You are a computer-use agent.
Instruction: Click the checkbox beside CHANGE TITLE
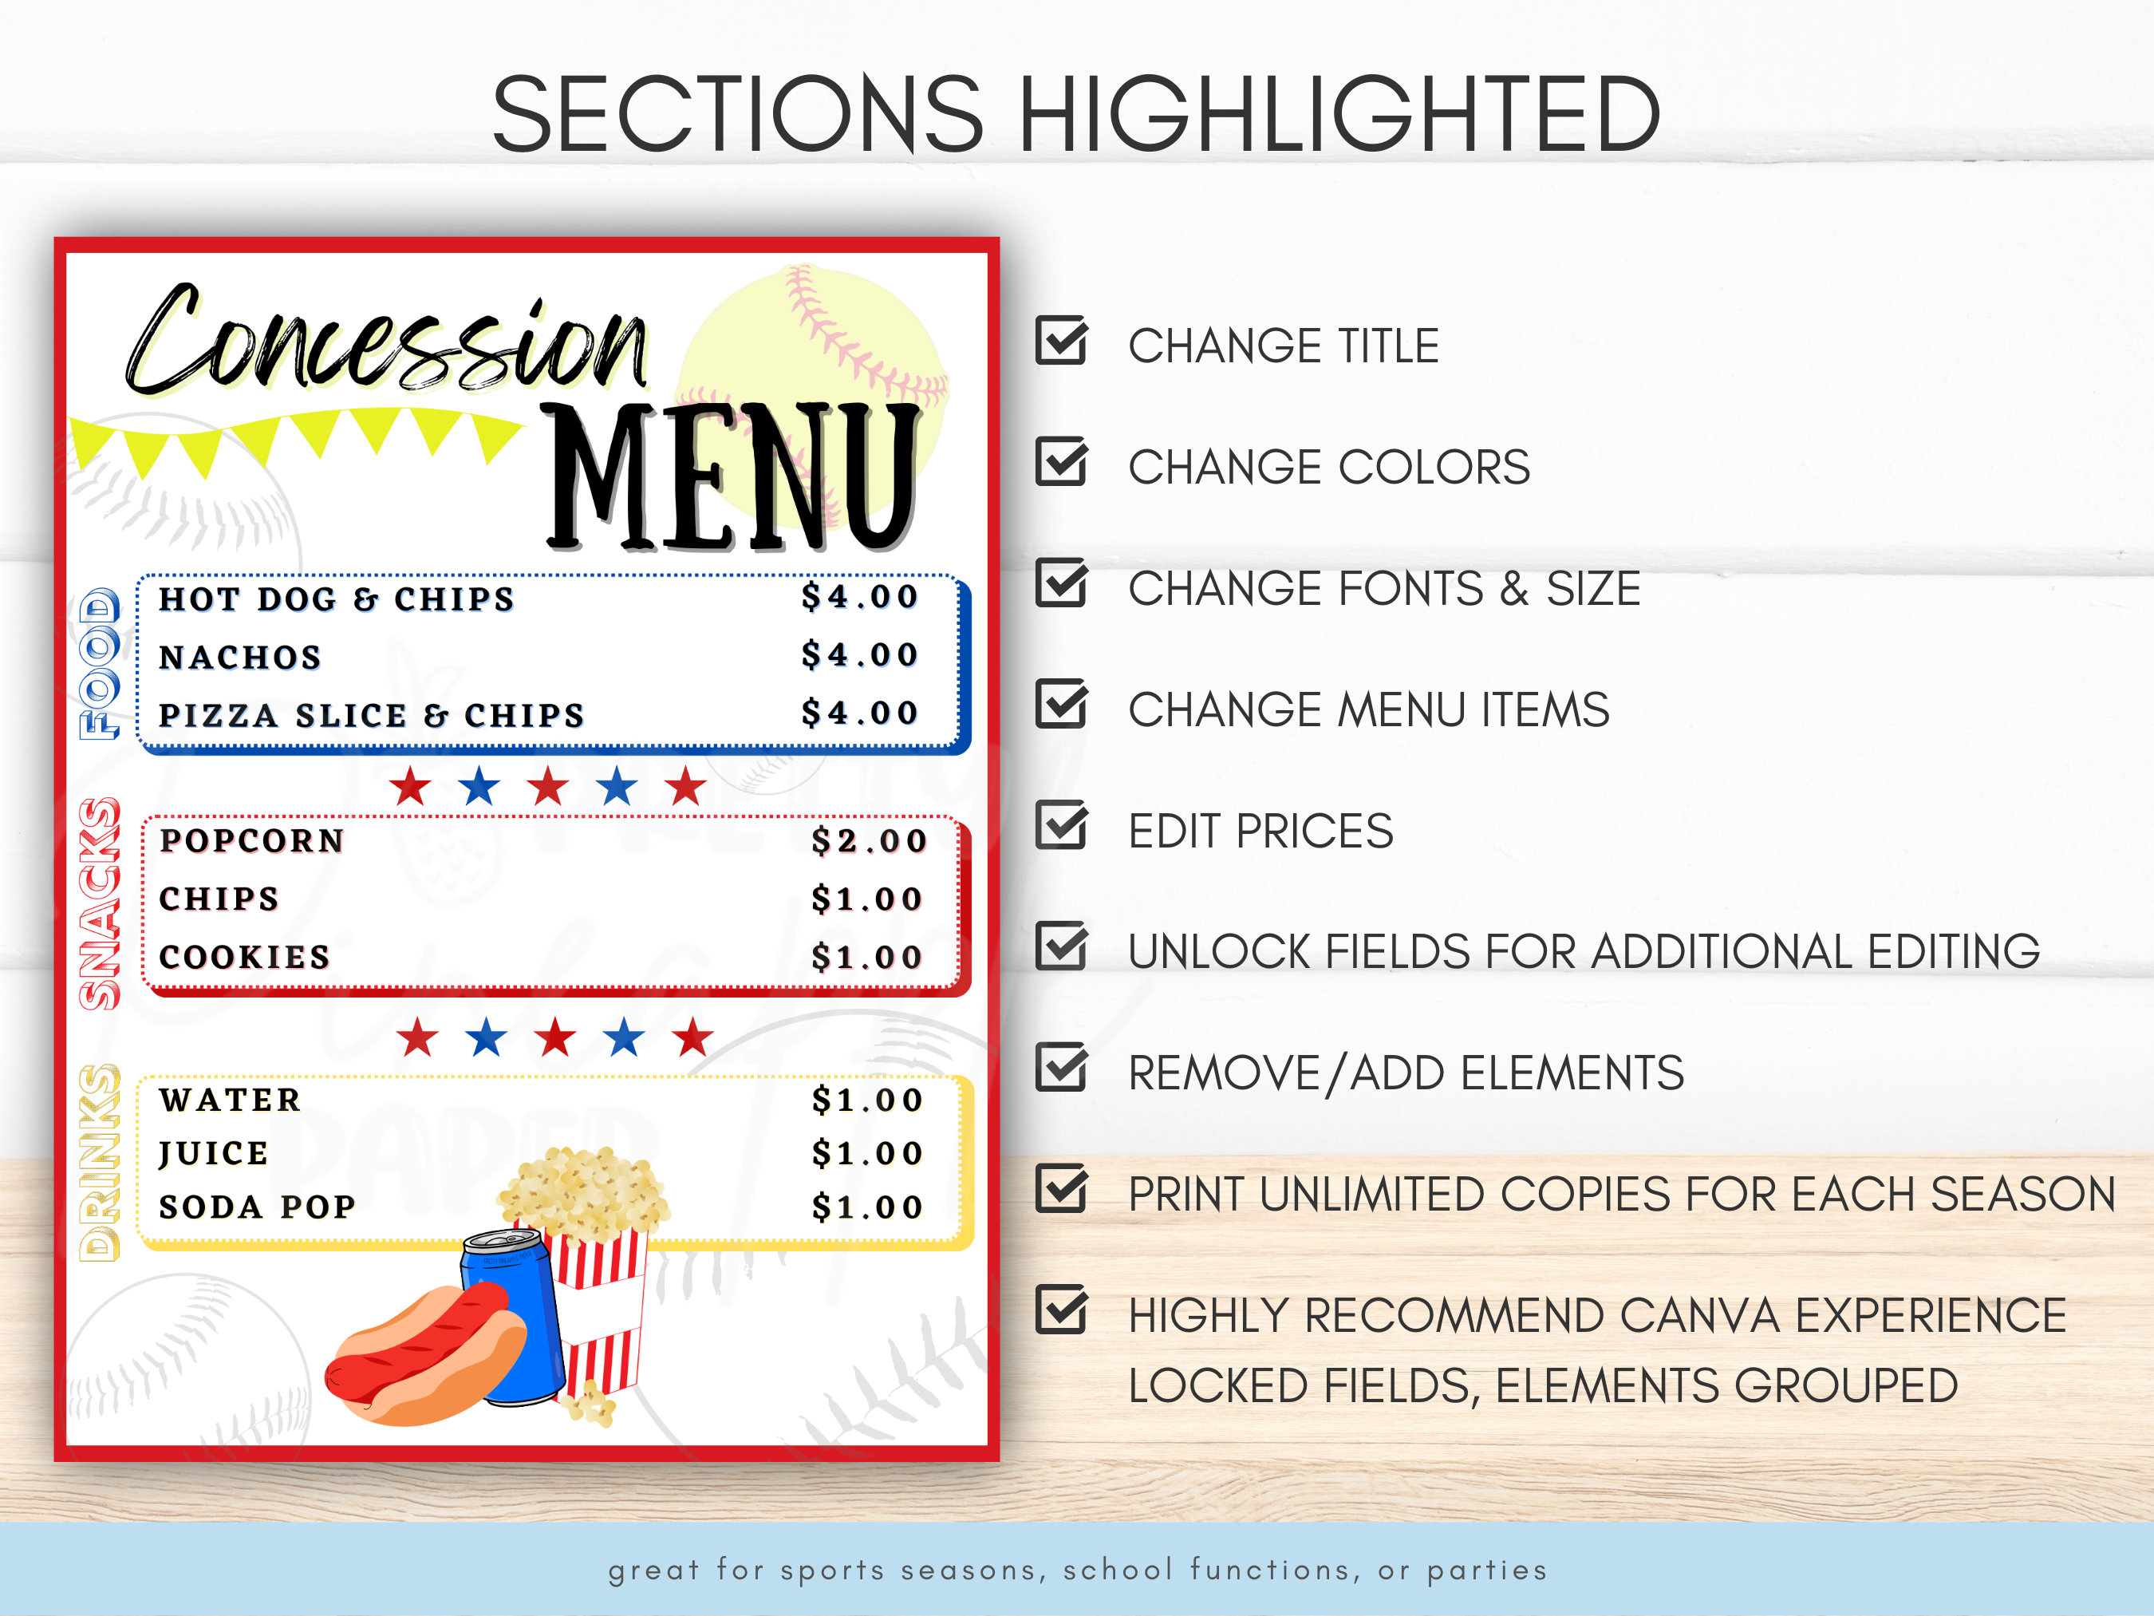point(1060,341)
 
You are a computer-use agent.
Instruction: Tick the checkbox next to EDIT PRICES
point(1060,826)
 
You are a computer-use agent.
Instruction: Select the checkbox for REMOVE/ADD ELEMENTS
point(1060,1069)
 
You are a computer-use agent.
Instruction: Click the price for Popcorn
point(869,840)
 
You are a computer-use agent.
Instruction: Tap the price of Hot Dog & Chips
point(860,596)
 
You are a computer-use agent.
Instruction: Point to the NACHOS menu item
point(240,658)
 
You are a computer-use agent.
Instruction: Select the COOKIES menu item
point(244,957)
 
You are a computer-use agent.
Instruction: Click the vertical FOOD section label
point(100,663)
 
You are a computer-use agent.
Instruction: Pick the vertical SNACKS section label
point(100,903)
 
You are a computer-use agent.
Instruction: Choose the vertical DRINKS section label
point(100,1162)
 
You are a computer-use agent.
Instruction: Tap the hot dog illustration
point(424,1354)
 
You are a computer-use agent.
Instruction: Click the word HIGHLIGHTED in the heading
point(1339,115)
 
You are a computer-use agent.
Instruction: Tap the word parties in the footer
point(1487,1571)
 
